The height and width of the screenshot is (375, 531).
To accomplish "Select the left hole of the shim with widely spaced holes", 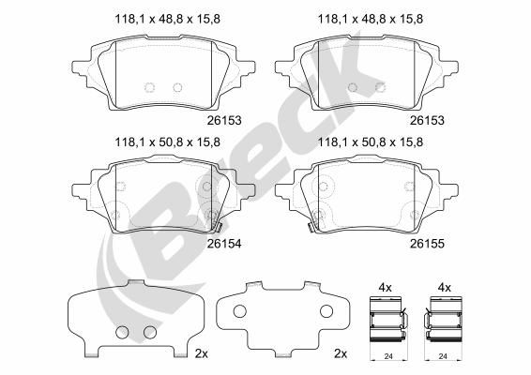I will tap(239, 313).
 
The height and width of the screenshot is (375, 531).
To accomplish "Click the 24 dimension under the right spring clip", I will tap(442, 356).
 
